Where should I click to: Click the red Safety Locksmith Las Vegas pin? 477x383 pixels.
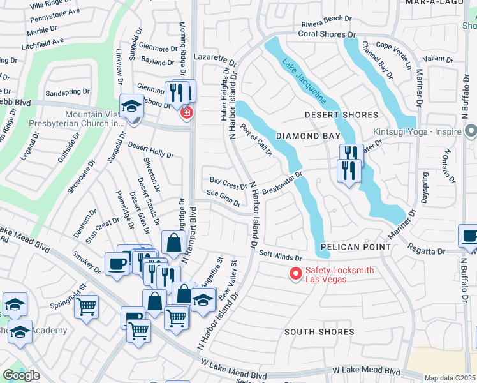point(295,274)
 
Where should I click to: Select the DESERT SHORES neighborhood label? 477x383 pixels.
point(341,115)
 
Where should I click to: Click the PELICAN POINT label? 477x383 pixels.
point(355,246)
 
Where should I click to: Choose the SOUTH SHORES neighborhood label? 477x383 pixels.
point(319,332)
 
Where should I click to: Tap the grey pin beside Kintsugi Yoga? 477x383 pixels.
point(471,131)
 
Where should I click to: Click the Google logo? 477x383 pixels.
point(21,375)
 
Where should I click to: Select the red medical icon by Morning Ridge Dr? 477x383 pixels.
point(187,114)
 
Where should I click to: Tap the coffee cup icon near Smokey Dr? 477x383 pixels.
point(117,264)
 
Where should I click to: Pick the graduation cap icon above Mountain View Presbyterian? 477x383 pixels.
point(131,105)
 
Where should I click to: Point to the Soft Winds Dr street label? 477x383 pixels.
point(280,257)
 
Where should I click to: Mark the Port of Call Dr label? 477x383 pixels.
point(257,139)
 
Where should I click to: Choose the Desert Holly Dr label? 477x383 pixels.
point(150,150)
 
